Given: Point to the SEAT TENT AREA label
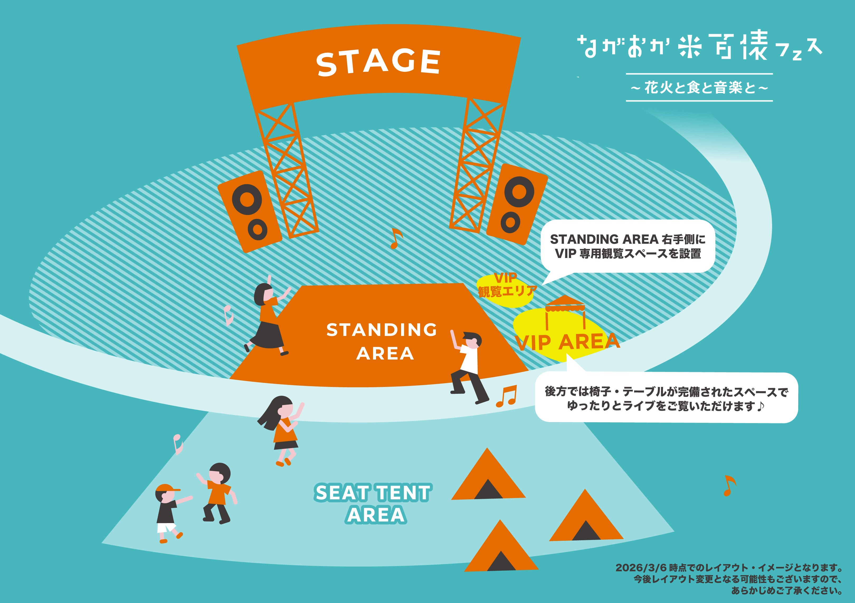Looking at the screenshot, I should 373,503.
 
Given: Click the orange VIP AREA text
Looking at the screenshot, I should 567,342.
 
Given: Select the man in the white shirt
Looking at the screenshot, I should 468,367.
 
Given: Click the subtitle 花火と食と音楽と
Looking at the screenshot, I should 699,88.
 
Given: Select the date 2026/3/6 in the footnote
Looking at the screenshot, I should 641,568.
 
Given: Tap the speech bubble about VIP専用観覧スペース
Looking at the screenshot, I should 628,246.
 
